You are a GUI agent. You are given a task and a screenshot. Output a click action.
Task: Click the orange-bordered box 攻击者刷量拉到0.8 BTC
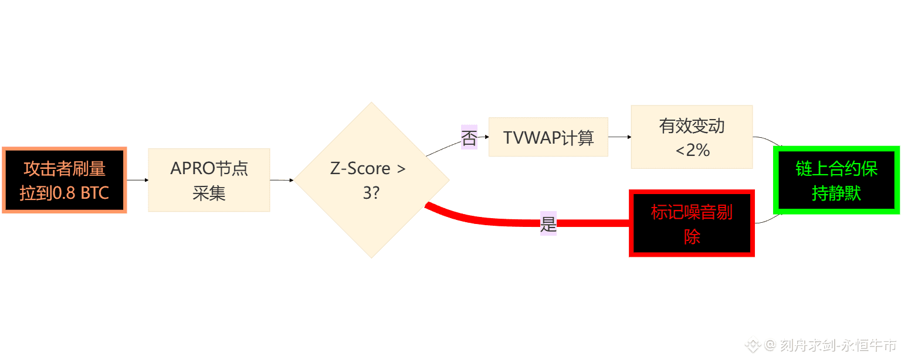pyautogui.click(x=65, y=180)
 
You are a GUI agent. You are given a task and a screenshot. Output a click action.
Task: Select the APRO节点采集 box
pyautogui.click(x=209, y=180)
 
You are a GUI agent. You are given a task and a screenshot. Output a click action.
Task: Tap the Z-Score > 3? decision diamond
pyautogui.click(x=371, y=180)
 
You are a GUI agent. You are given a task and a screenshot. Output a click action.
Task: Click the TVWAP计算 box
pyautogui.click(x=548, y=137)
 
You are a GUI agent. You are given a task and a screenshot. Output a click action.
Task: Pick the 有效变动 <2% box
pyautogui.click(x=692, y=137)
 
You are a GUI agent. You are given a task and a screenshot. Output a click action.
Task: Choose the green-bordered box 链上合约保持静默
pyautogui.click(x=836, y=180)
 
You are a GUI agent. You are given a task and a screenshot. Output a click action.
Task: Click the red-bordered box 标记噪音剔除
pyautogui.click(x=692, y=223)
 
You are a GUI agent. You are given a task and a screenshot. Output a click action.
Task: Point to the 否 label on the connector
pyautogui.click(x=469, y=138)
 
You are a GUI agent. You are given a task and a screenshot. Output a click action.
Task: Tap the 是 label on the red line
pyautogui.click(x=548, y=223)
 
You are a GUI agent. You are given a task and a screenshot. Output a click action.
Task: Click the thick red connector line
pyautogui.click(x=592, y=223)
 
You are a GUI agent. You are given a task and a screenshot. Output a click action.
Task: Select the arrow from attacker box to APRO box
pyautogui.click(x=137, y=180)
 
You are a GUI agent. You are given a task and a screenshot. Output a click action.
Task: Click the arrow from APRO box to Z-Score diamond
pyautogui.click(x=282, y=180)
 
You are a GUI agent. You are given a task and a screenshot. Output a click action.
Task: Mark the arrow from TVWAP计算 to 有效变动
pyautogui.click(x=619, y=137)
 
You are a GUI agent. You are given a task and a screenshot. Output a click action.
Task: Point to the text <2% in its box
pyautogui.click(x=692, y=150)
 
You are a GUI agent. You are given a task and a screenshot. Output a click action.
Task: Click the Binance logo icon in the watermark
pyautogui.click(x=752, y=345)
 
